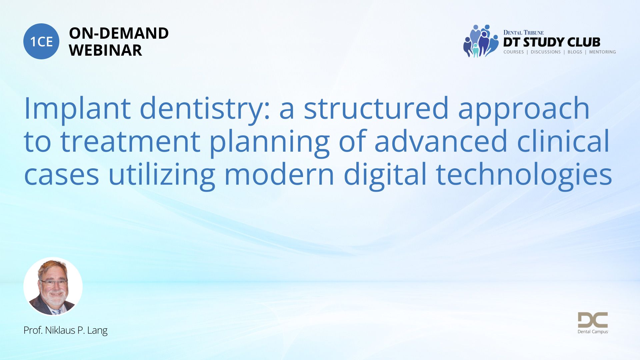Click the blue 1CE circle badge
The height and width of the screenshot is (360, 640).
(x=41, y=41)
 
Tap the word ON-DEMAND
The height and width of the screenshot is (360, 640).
(x=119, y=33)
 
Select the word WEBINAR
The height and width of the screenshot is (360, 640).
(x=105, y=50)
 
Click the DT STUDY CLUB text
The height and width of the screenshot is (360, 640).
(x=552, y=42)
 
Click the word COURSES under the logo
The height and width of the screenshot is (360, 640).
(x=514, y=52)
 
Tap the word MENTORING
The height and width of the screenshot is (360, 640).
(x=602, y=52)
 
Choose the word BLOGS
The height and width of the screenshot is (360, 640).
(x=575, y=52)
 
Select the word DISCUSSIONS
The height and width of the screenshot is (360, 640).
(x=546, y=52)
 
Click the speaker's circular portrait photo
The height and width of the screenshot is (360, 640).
(x=53, y=286)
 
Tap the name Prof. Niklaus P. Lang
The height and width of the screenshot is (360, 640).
(x=65, y=330)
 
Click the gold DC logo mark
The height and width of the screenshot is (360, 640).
(x=593, y=320)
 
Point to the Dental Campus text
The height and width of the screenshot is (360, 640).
(x=593, y=332)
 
